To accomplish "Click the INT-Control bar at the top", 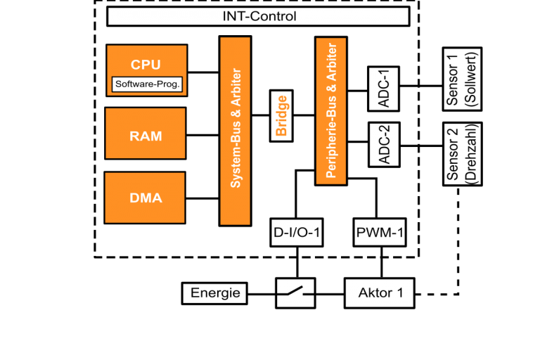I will coord(258,16).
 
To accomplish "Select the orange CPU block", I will coord(146,63).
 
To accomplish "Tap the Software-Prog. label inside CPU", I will coord(148,84).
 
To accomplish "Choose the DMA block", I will coord(146,198).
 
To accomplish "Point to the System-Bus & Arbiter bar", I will coord(235,131).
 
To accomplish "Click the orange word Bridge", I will coord(281,115).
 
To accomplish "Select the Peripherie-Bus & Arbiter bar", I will coord(330,110).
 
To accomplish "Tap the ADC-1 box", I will coord(383,89).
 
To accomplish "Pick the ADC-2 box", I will coord(383,145).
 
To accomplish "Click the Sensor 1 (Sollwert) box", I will coord(462,79).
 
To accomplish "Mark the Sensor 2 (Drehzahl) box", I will coord(462,154).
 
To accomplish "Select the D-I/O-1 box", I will coord(297,233).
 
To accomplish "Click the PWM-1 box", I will coord(380,233).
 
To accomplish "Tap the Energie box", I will coord(215,293).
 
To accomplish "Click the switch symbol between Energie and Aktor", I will coord(295,292).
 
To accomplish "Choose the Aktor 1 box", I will coord(380,293).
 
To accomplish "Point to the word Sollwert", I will coord(471,79).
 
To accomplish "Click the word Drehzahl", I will coord(471,154).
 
